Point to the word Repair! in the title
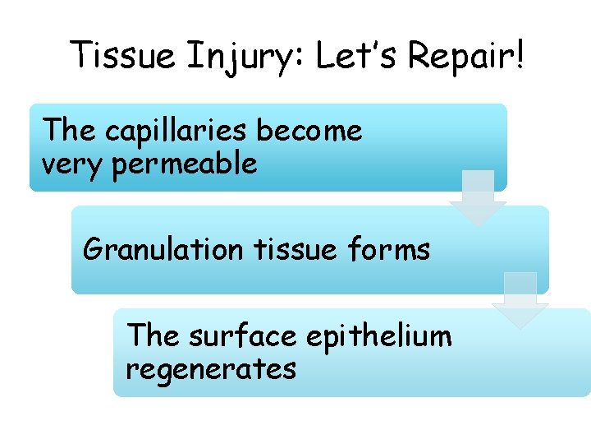tap(465, 56)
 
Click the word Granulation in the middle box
tap(163, 248)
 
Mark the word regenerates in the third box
tap(210, 369)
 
